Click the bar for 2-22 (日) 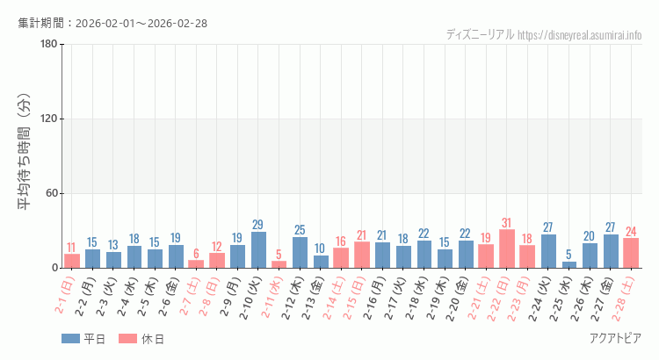[506, 248]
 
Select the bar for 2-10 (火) [258, 249]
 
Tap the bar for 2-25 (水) [568, 264]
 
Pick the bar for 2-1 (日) [72, 261]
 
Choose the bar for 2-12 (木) [300, 252]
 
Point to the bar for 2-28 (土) [631, 253]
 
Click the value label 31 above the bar [506, 222]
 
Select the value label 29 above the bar [258, 225]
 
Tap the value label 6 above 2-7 [196, 253]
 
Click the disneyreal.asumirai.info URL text [580, 35]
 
